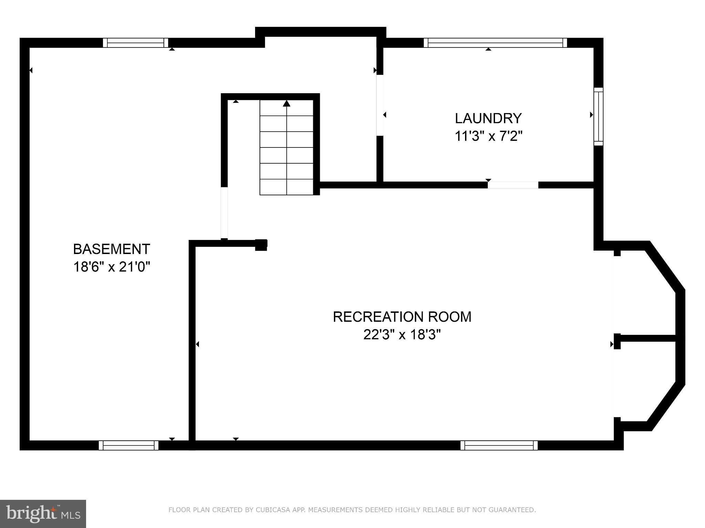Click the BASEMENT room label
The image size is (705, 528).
click(111, 249)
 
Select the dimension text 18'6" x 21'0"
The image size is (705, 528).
click(112, 267)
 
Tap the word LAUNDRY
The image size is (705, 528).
click(488, 118)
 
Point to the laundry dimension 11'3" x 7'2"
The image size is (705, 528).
click(488, 136)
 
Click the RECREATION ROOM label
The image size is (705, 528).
click(402, 317)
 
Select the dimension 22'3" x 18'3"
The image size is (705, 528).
click(402, 334)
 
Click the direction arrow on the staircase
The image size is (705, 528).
click(286, 103)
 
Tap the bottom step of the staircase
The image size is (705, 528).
click(286, 187)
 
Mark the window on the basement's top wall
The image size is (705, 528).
click(136, 43)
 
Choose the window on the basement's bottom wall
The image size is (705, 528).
click(128, 445)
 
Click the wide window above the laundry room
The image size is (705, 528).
click(495, 43)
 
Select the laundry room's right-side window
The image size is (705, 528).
click(599, 117)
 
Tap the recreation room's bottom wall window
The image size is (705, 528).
click(499, 445)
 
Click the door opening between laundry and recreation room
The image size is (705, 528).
click(513, 185)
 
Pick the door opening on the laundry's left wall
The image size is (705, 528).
click(380, 105)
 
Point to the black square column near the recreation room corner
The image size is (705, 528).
click(261, 245)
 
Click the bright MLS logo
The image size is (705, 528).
click(43, 514)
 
